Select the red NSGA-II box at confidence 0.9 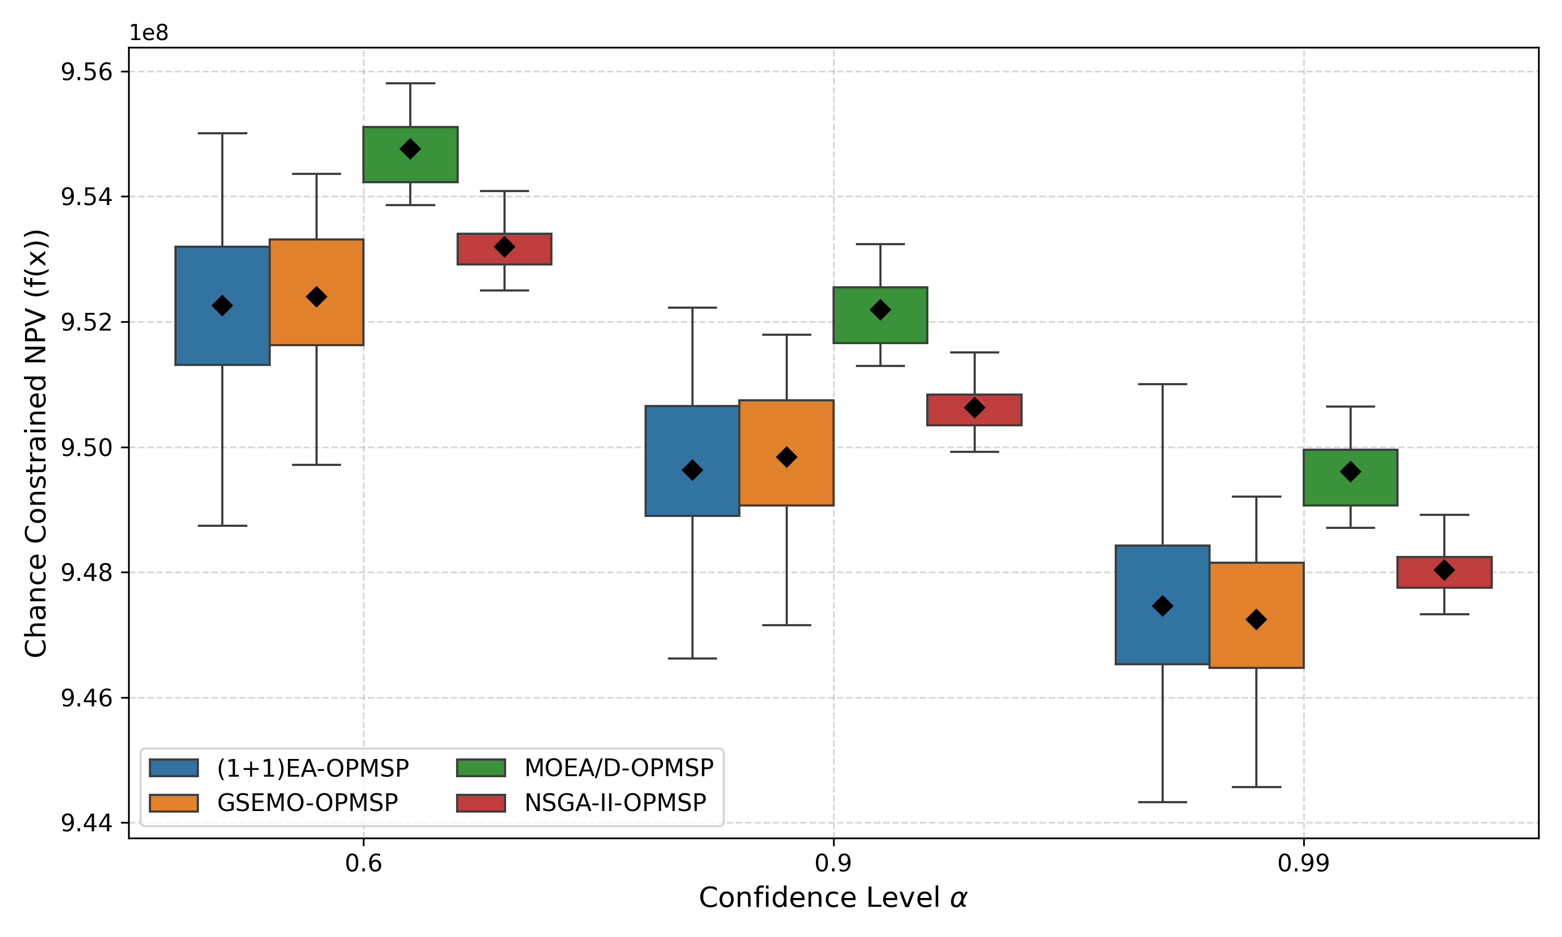coord(974,417)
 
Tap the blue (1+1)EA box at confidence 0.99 coord(1162,631)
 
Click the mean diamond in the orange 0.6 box coord(317,297)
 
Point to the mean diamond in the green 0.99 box coord(1350,472)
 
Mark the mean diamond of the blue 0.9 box coord(692,471)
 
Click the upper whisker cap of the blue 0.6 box coord(222,133)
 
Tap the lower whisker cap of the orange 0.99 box coord(1256,787)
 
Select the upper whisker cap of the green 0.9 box coord(880,244)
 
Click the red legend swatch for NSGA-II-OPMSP coord(481,803)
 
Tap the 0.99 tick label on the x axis coord(1303,863)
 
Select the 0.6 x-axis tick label coord(363,863)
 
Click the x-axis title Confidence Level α coord(833,898)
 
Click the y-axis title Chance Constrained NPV coord(36,442)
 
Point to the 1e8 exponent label coord(148,33)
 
